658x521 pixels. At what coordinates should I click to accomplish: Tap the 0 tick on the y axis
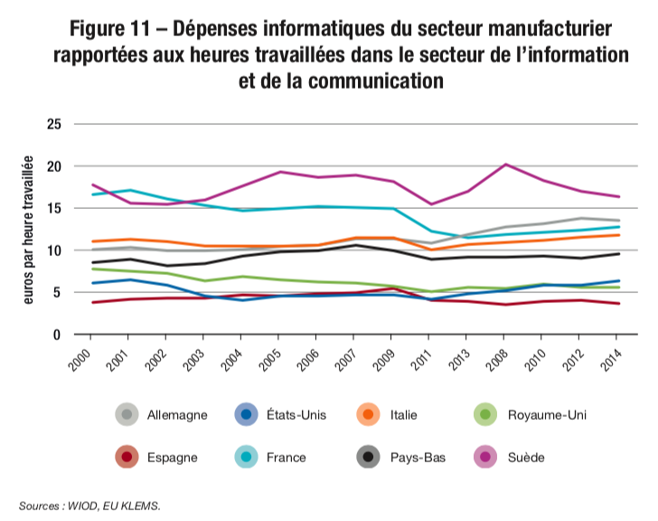point(57,335)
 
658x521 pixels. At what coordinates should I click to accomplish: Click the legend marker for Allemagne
point(127,415)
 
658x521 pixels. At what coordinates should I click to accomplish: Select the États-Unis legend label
point(296,415)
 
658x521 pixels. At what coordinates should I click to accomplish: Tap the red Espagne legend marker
point(127,457)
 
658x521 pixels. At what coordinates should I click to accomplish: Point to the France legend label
point(286,457)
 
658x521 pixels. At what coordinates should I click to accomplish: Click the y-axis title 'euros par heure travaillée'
point(27,230)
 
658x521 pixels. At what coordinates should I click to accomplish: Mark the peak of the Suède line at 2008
point(505,165)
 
